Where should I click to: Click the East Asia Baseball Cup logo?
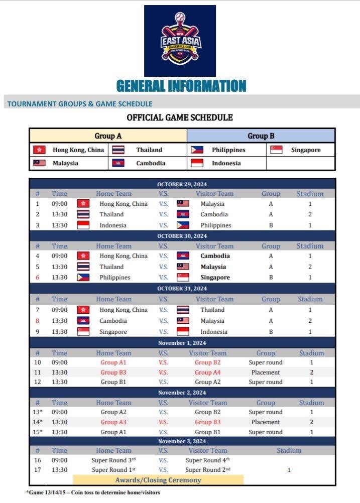click(180, 41)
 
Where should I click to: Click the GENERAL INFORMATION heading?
click(181, 86)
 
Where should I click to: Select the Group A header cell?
click(108, 136)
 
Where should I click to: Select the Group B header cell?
click(261, 136)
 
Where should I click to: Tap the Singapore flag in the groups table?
click(276, 150)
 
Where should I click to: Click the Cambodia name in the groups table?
click(151, 163)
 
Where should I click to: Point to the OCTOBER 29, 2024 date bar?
click(182, 184)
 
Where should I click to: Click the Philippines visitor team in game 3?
click(216, 225)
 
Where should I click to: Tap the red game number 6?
click(37, 277)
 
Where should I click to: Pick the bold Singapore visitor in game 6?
click(215, 277)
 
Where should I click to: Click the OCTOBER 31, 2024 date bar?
click(182, 289)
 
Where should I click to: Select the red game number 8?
click(37, 321)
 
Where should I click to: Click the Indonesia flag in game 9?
click(183, 332)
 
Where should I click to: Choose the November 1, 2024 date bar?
click(182, 343)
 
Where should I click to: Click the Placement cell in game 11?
click(266, 372)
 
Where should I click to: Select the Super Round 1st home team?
click(113, 470)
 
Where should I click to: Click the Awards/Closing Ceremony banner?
click(158, 480)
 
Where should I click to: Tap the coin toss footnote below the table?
click(93, 492)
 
